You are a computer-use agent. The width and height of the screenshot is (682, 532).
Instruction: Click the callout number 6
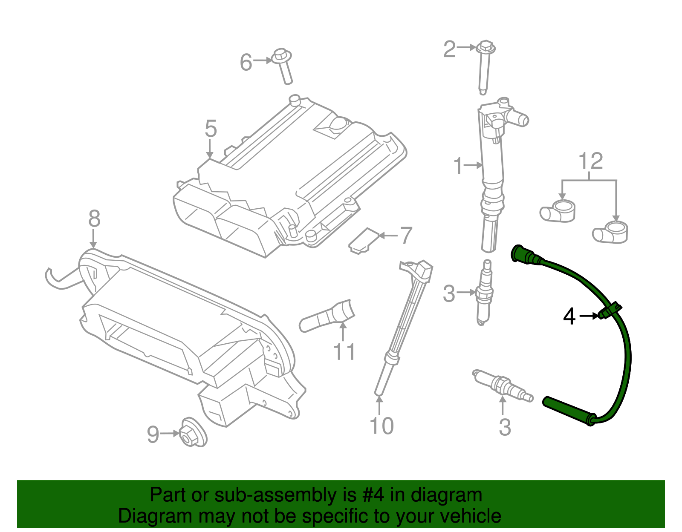coord(246,62)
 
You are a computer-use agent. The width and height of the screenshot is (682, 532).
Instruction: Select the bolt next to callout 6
coord(283,66)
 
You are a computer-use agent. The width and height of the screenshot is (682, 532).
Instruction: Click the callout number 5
coord(211,129)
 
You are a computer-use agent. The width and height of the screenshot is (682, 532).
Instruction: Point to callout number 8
coord(94,219)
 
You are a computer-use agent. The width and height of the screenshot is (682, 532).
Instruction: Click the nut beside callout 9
coord(193,432)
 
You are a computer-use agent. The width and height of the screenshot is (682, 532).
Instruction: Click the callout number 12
coord(591,161)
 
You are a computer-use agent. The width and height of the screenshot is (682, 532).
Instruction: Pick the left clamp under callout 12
coord(558,211)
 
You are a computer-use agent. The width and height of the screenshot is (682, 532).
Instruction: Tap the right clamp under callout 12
coord(611,233)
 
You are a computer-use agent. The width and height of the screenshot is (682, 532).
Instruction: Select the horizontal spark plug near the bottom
coord(503,384)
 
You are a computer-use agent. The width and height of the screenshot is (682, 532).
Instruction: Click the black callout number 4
coord(569,316)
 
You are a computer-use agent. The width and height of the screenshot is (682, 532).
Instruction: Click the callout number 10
coord(381,426)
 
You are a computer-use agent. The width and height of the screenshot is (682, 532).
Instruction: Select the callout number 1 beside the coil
coord(458,166)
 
